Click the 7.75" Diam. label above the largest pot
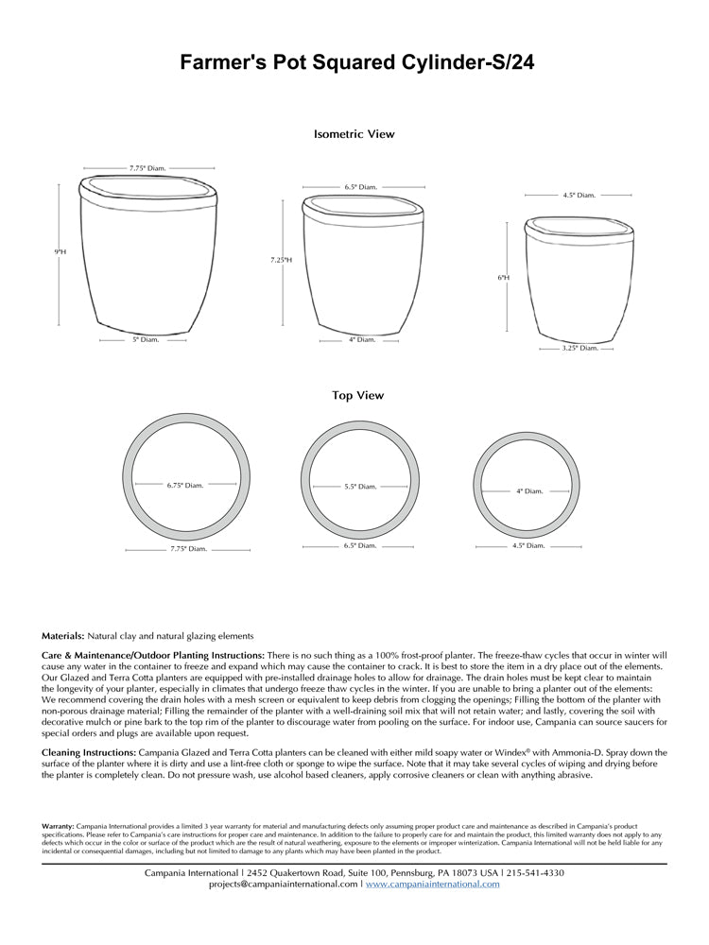(x=147, y=168)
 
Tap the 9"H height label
(x=60, y=251)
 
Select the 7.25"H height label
(x=281, y=259)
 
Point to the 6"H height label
(x=504, y=278)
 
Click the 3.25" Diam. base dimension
(x=580, y=348)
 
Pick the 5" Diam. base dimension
(x=146, y=338)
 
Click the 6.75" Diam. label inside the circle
(x=185, y=485)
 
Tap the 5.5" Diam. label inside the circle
(x=360, y=486)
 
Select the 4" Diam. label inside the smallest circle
(x=530, y=490)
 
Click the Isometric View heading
(x=354, y=134)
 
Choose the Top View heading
(x=357, y=396)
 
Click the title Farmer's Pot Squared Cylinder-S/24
(x=354, y=63)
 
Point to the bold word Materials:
(x=62, y=636)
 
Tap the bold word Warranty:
(x=58, y=826)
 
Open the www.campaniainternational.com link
(x=432, y=885)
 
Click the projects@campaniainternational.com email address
(x=283, y=885)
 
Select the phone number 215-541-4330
(x=536, y=872)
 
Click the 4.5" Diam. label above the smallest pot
(x=579, y=195)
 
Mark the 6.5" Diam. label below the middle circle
(x=360, y=545)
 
